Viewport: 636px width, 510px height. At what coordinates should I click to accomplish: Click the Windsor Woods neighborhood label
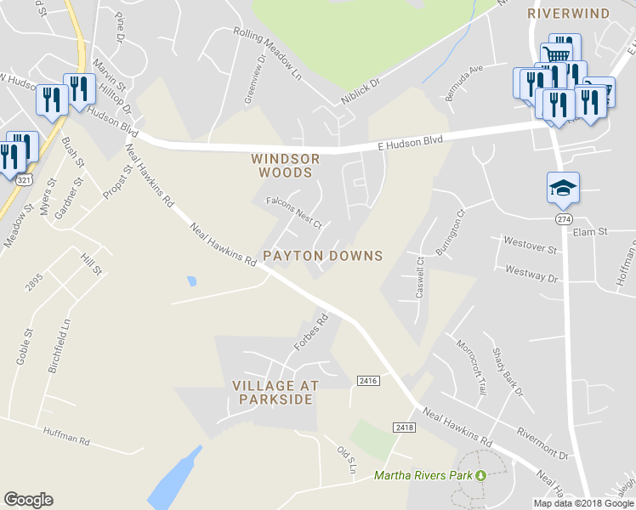[286, 165]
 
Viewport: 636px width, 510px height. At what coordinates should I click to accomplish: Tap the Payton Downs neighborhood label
[322, 256]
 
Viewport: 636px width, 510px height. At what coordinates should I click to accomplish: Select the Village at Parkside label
[275, 392]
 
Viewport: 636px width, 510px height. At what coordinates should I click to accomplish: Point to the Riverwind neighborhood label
[568, 14]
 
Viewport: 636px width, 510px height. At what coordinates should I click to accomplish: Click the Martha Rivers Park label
[423, 475]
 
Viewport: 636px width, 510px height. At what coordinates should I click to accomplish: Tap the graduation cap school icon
[563, 188]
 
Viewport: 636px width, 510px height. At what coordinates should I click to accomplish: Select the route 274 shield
[563, 219]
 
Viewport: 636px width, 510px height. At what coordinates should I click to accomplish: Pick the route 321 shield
[26, 181]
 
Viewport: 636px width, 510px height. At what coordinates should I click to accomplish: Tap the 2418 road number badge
[405, 427]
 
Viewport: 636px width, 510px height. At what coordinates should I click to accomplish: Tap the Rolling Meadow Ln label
[268, 54]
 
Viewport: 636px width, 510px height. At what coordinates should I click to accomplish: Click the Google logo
[28, 500]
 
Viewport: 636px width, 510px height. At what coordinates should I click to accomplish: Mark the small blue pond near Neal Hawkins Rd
[190, 280]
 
